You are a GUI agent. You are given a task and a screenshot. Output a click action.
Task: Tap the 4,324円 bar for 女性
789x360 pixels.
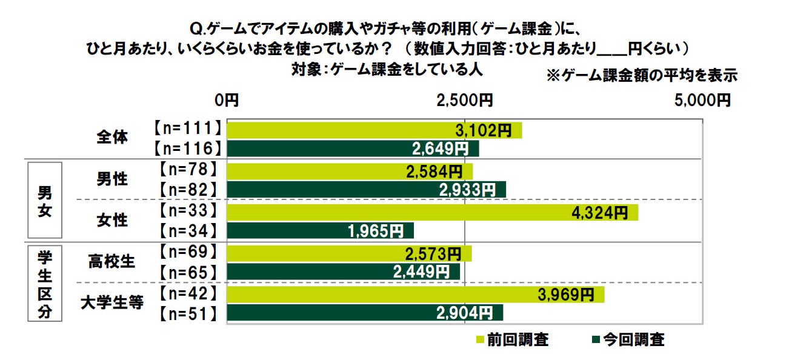432,212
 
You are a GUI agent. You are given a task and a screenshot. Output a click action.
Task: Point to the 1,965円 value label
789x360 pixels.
376,230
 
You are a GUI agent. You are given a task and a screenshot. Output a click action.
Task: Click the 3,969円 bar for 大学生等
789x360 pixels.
415,295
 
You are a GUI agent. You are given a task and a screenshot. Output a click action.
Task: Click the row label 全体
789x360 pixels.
112,138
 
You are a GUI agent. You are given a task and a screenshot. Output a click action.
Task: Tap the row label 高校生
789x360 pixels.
112,261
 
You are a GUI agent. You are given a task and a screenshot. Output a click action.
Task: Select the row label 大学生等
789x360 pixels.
112,302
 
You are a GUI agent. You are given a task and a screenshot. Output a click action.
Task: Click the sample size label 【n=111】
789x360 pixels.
185,129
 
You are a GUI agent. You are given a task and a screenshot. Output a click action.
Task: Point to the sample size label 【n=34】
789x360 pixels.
185,230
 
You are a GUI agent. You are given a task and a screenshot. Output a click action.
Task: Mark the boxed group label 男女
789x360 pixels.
45,200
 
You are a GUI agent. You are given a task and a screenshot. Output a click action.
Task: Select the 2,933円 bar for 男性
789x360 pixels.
366,189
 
